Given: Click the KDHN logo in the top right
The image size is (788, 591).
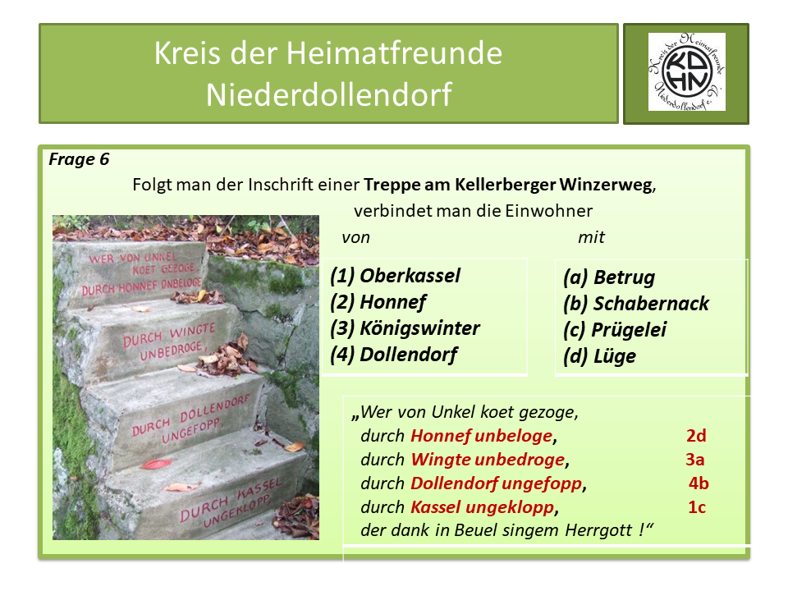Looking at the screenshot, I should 686,72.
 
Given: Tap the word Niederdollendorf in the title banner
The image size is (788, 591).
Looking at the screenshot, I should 328,94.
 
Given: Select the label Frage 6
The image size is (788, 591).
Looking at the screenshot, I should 79,159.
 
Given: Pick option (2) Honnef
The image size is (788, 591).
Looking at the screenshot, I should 378,302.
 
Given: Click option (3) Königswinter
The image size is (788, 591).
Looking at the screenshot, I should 405,328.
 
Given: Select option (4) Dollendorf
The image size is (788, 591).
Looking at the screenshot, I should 393,355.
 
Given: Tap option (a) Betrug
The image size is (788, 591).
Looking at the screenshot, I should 609,277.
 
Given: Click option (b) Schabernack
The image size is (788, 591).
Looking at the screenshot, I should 636,304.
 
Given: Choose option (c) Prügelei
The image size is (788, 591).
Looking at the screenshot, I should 615,330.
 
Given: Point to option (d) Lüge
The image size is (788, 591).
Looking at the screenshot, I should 600,356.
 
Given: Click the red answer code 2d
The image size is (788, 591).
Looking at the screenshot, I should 696,435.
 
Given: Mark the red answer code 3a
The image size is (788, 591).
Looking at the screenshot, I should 695,459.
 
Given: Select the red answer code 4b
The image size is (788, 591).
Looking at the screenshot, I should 699,483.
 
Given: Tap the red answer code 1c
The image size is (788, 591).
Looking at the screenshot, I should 697,506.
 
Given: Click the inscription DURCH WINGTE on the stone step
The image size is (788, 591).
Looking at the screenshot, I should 169,332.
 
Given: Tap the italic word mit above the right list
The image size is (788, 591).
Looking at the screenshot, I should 591,237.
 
